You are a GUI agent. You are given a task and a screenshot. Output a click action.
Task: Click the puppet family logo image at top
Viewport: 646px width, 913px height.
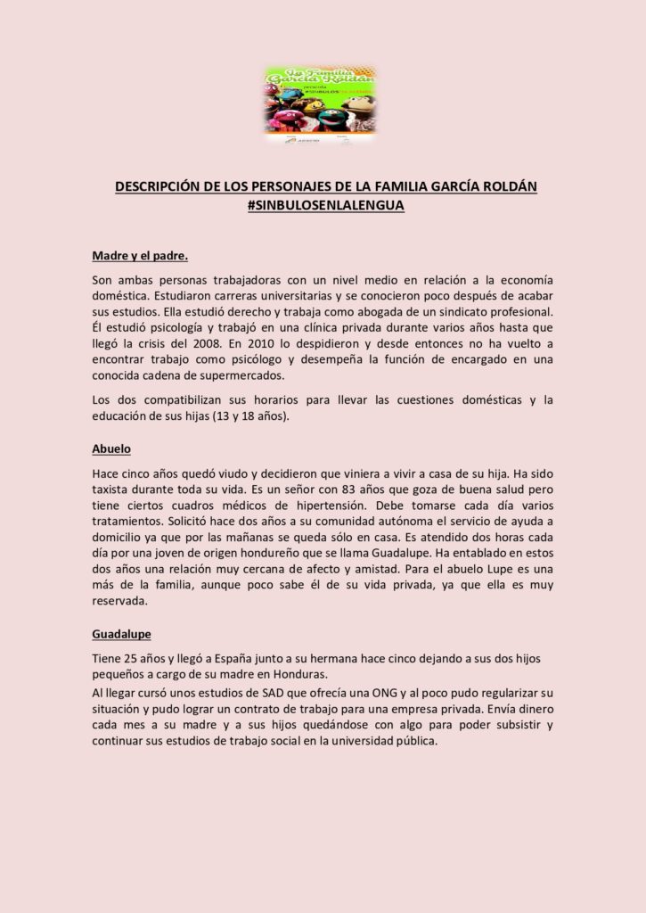tap(320, 104)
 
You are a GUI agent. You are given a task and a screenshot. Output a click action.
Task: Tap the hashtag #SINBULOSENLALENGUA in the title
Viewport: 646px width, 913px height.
tap(325, 205)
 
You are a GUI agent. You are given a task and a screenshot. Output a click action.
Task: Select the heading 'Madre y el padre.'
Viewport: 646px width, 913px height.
tap(139, 256)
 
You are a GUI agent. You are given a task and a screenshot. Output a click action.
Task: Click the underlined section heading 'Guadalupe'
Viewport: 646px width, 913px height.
tap(121, 634)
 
